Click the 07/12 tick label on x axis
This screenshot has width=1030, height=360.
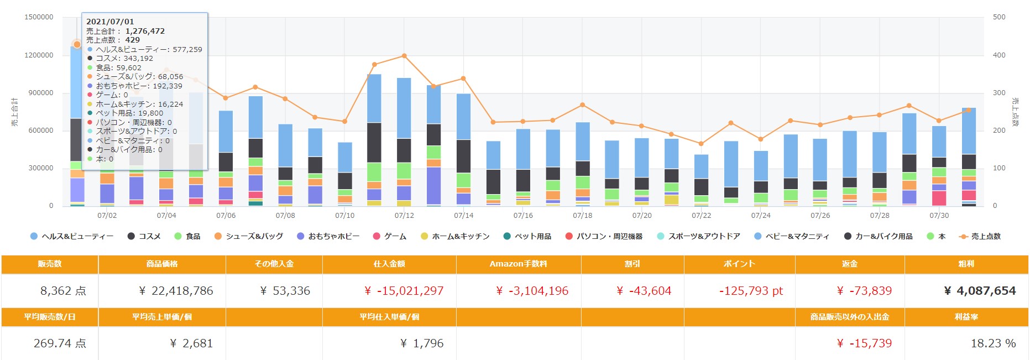(404, 216)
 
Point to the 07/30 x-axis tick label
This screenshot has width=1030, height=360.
(939, 216)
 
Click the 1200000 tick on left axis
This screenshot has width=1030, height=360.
(39, 55)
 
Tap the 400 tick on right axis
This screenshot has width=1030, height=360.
(999, 55)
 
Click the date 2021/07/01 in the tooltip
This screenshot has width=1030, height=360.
(110, 22)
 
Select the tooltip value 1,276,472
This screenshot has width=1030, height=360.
(145, 32)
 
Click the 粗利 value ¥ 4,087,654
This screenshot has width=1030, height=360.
(979, 291)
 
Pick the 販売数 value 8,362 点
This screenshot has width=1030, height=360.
(63, 291)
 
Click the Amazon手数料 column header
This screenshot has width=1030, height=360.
(518, 264)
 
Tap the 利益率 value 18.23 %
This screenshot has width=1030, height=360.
(993, 343)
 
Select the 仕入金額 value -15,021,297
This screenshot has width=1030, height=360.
(404, 291)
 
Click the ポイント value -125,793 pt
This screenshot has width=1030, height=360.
(751, 291)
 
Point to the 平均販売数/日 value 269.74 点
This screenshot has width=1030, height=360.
(60, 343)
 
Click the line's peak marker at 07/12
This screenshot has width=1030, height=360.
(404, 56)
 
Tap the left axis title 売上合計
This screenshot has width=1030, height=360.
(15, 112)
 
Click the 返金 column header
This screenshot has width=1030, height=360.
(849, 264)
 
